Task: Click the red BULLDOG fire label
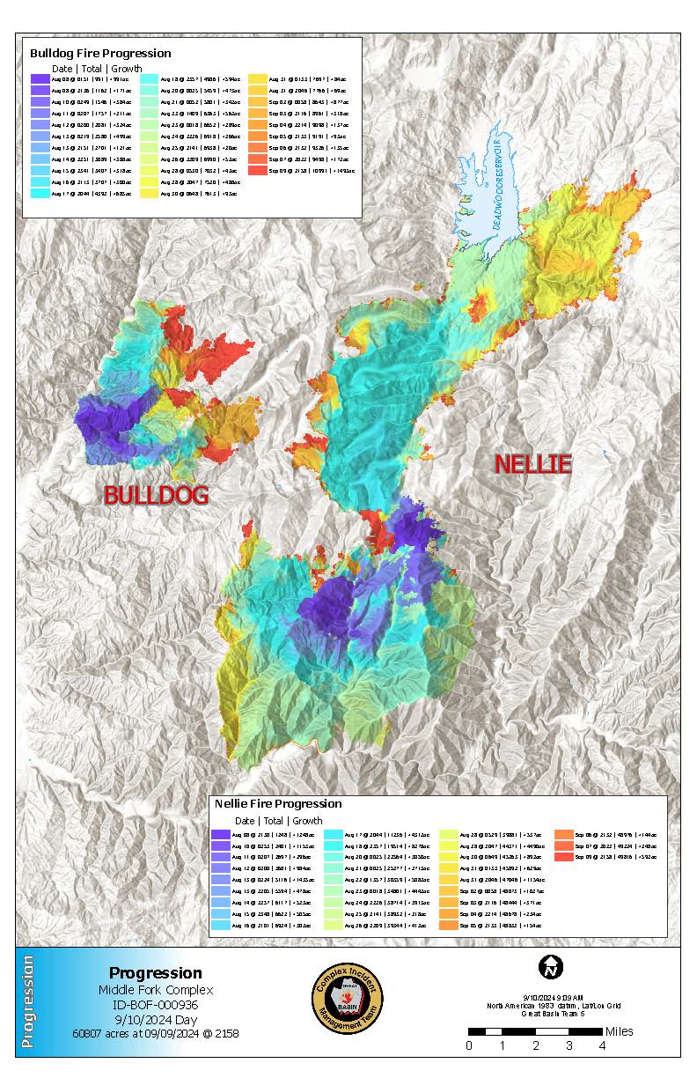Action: point(156,495)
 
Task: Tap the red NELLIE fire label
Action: point(532,464)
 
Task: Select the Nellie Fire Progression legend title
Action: point(278,803)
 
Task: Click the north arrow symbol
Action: point(551,967)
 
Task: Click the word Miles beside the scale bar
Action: point(620,1031)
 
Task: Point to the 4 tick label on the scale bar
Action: point(602,1045)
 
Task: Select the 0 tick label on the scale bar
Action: point(468,1045)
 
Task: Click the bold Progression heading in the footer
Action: point(155,973)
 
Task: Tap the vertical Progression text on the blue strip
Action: point(28,1000)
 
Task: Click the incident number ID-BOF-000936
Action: point(155,1004)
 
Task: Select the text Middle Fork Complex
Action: point(155,989)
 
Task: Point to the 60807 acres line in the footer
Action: point(155,1033)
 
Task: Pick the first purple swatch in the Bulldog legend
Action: point(40,78)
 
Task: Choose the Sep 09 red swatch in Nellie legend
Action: point(563,857)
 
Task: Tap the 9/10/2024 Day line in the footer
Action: point(155,1019)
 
